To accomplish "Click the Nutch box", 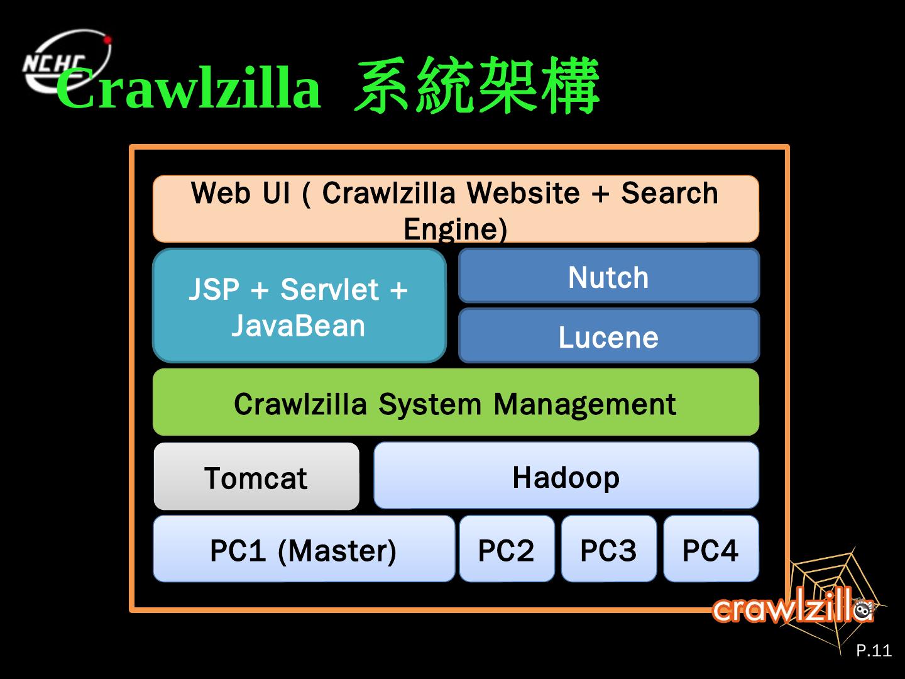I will pos(608,277).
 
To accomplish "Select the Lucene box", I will pos(608,336).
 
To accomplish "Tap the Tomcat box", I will pos(256,477).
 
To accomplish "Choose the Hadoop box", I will pos(566,476).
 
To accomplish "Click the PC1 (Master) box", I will pos(304,549).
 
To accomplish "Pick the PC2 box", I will pos(507,549).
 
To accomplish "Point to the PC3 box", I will pos(608,549).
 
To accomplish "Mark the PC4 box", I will pos(711,549).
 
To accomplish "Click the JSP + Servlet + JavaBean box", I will pos(299,306).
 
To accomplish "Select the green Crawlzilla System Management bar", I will pos(456,402).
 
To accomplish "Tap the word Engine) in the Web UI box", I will pos(455,229).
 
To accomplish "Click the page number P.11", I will pos(874,650).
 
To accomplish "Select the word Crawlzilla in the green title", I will pos(189,88).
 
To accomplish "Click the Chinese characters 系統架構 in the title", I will pos(476,87).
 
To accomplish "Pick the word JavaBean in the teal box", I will pos(299,326).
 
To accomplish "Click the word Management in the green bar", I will pos(584,404).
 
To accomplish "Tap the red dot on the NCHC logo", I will pos(107,40).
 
